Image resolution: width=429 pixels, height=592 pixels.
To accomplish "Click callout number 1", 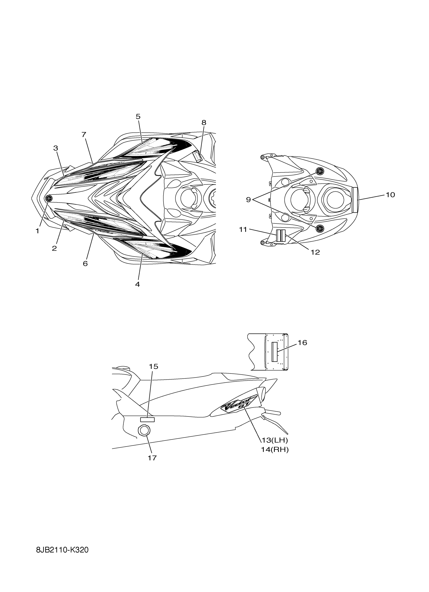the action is point(37,231).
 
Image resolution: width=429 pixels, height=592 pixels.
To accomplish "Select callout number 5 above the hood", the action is point(138,117).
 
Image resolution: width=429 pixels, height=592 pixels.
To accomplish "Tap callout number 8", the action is point(204,122).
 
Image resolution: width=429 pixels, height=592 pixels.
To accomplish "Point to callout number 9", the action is point(248,200).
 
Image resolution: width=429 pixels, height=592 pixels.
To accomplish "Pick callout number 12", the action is point(315,252).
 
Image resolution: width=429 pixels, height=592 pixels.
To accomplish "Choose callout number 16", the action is point(302,343).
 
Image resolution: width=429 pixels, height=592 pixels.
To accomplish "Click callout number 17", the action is point(152,465).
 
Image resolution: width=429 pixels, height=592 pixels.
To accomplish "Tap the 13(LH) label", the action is point(275,440).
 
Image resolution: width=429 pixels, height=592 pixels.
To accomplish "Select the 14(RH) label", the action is point(275,450).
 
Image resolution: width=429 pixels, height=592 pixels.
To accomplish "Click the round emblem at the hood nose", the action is point(48,198).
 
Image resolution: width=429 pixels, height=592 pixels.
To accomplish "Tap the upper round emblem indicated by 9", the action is point(320,171).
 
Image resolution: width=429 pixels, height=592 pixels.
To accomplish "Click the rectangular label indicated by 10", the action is point(355,200).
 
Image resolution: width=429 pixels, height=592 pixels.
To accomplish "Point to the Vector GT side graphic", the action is point(239,407).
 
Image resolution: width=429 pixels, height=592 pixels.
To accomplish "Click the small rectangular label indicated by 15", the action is point(148,419).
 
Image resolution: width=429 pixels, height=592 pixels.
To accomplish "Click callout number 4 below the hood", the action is point(137,284).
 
